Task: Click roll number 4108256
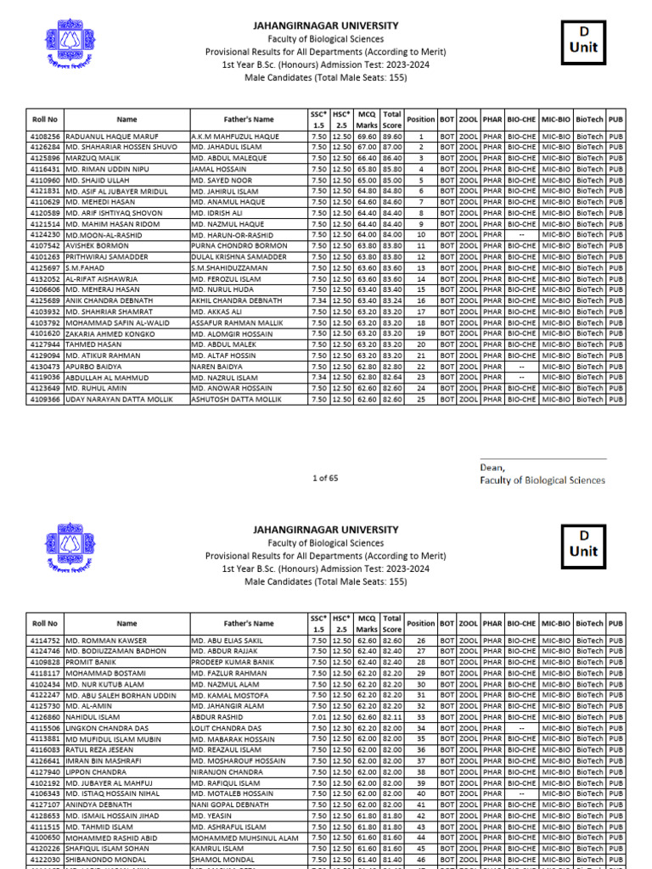click(45, 136)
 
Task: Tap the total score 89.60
click(392, 136)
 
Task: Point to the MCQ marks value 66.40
click(367, 158)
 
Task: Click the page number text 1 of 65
click(325, 478)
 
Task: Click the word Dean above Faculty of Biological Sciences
click(492, 468)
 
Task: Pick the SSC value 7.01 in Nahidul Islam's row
click(318, 717)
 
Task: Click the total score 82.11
click(392, 717)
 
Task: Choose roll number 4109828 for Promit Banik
click(45, 662)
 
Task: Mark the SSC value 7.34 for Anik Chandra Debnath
click(318, 300)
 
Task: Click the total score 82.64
click(392, 377)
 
